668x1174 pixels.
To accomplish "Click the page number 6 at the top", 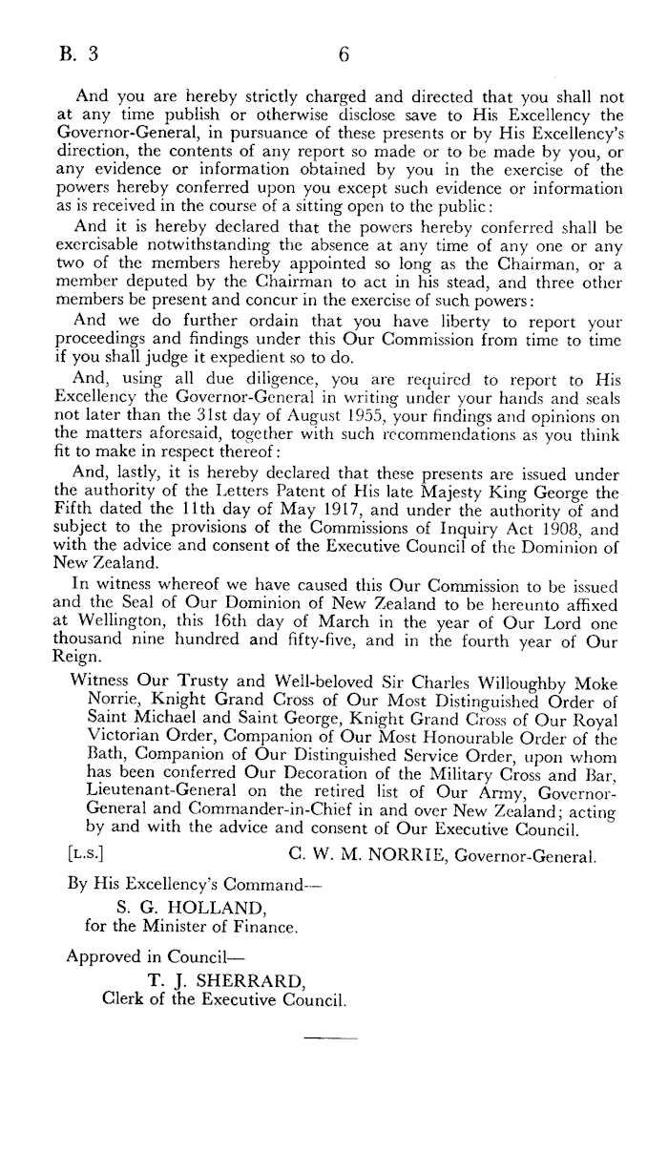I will tap(344, 54).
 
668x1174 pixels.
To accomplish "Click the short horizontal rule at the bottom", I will tap(329, 1038).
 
